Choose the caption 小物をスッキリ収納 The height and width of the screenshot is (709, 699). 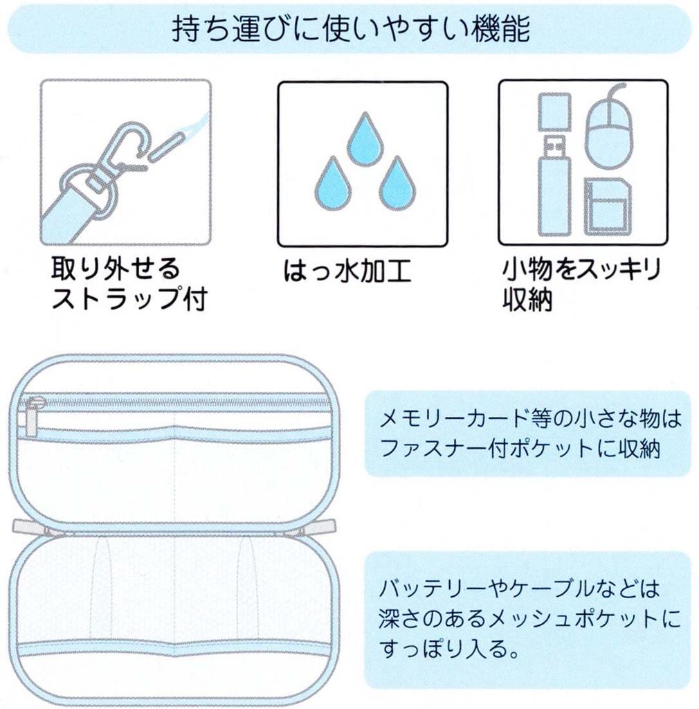click(580, 285)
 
